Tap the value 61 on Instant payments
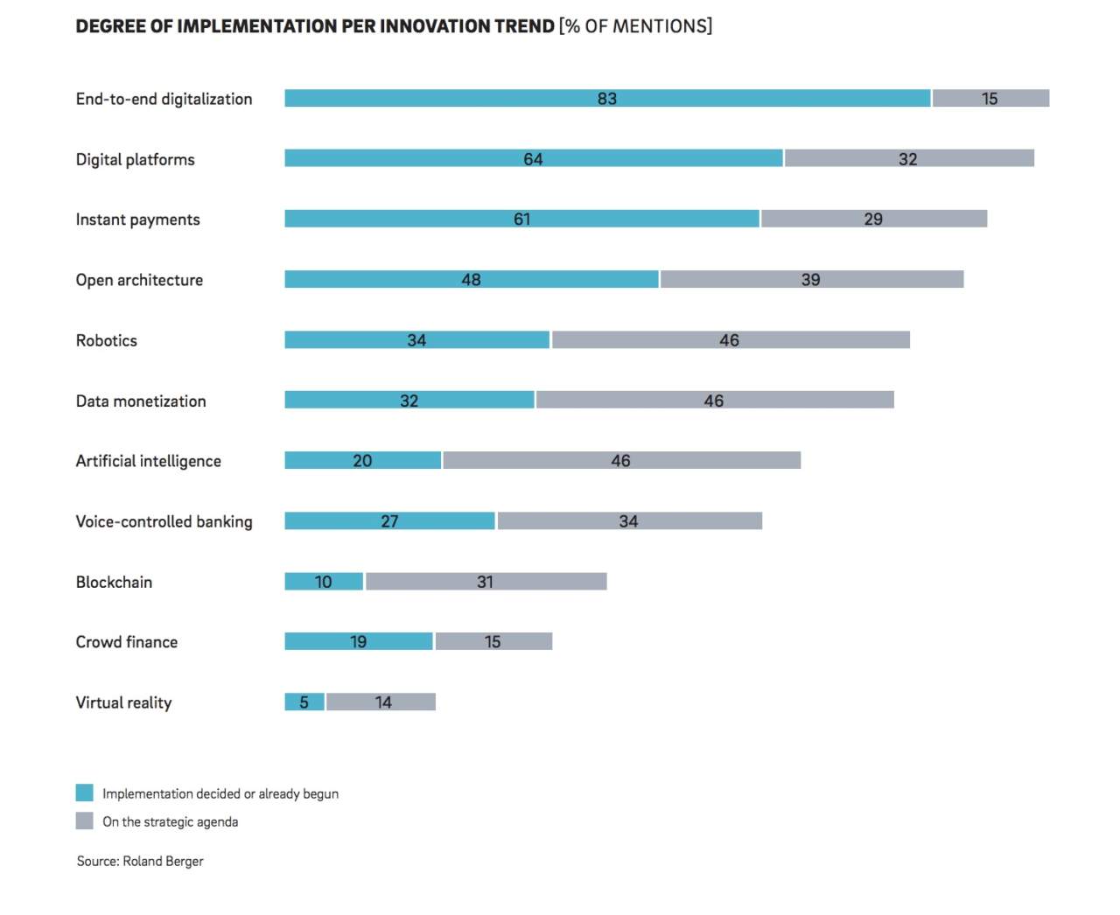point(521,219)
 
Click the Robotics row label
point(106,340)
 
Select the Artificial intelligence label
point(148,461)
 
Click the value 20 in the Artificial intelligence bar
point(362,461)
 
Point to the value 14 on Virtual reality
point(383,702)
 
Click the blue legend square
point(84,793)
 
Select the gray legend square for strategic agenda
point(84,821)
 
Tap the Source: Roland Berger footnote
point(140,861)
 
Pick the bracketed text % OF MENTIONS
point(636,26)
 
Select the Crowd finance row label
point(126,642)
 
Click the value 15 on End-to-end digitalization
point(990,99)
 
